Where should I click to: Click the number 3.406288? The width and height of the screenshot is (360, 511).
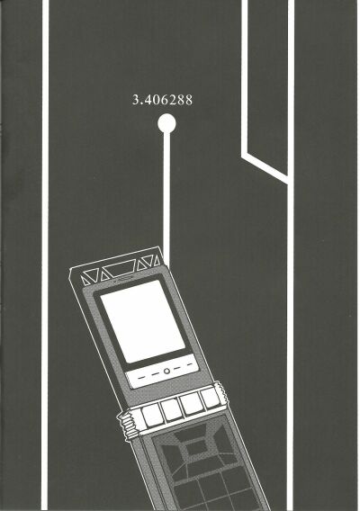coord(162,100)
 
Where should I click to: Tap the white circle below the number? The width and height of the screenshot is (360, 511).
coord(166,123)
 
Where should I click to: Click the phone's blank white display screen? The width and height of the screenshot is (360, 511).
coord(142,321)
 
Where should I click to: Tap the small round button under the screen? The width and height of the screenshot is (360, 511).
coord(166,371)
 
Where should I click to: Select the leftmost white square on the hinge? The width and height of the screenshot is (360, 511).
coord(151,416)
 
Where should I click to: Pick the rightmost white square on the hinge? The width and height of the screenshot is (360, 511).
coord(209,398)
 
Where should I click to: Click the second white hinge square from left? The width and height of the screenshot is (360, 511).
coord(170,409)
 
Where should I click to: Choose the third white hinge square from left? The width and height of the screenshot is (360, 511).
coord(190,403)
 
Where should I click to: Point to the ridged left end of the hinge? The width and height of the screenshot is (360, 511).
coord(129,424)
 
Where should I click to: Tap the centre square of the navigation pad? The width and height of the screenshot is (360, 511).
coord(195,449)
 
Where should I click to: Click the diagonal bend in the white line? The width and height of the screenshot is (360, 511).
coord(265,166)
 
